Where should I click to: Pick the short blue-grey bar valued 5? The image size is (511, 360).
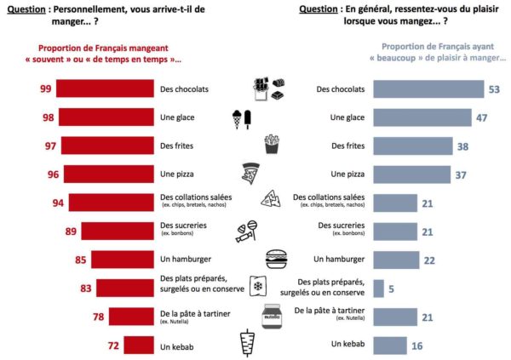click(x=379, y=288)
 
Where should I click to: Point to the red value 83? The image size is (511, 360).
click(x=86, y=289)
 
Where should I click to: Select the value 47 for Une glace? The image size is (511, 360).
click(x=481, y=117)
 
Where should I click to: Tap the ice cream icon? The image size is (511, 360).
click(x=243, y=118)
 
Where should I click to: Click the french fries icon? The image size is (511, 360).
click(x=272, y=144)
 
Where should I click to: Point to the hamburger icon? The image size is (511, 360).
click(x=277, y=258)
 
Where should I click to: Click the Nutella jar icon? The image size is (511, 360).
click(x=271, y=316)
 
